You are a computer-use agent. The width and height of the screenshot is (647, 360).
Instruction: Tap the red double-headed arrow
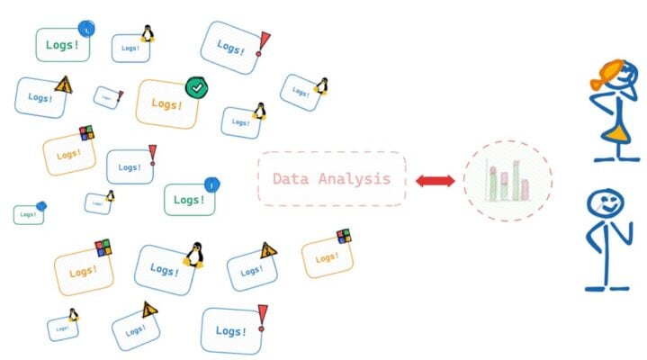436,181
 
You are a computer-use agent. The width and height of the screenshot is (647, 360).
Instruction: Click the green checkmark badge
195,87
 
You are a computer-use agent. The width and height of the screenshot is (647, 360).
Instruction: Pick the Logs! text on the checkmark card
166,104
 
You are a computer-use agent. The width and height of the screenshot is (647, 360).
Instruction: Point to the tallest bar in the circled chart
516,180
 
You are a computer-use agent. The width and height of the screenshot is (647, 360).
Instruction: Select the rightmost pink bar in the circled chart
525,189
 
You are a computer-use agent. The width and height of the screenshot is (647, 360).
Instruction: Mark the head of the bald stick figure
601,203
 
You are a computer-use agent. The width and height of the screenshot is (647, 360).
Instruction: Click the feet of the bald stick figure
606,288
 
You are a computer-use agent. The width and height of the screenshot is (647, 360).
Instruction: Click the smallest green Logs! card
27,215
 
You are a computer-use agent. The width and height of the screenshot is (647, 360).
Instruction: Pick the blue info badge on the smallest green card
41,206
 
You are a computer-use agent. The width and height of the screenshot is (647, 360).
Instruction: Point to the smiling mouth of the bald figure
604,211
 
